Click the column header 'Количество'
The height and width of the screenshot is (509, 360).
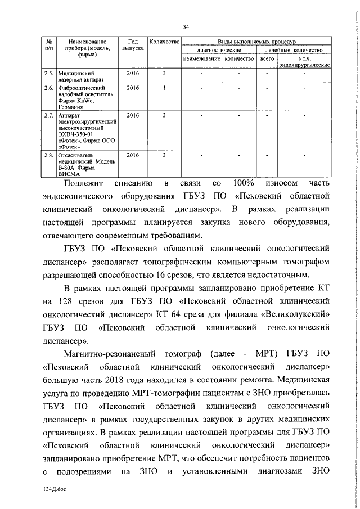[x=164, y=42]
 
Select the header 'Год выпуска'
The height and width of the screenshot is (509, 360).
[x=133, y=46]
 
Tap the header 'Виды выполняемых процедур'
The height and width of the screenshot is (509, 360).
[x=256, y=42]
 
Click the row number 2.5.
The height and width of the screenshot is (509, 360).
[x=49, y=73]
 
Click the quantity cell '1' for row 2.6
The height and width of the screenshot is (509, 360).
[x=164, y=88]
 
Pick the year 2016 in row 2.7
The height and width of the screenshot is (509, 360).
[x=133, y=115]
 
